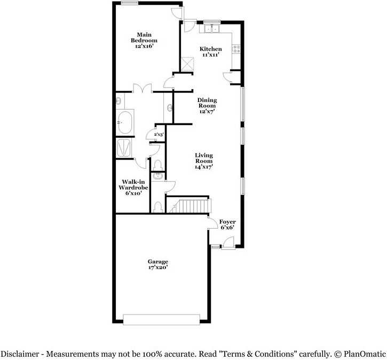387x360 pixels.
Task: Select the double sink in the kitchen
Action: tap(212, 28)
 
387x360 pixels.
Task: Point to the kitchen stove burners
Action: tap(235, 49)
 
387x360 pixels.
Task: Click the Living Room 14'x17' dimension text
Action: tap(204, 167)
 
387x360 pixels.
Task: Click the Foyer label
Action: tap(227, 222)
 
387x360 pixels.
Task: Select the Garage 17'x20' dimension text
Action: tap(158, 268)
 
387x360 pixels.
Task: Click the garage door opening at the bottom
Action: tap(162, 319)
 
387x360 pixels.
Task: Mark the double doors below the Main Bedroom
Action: tap(142, 88)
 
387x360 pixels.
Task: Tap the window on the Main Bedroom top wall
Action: tap(130, 3)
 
